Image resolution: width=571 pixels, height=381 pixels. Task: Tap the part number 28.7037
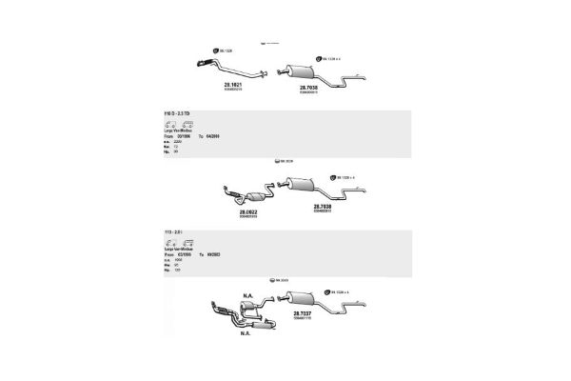pyautogui.click(x=303, y=313)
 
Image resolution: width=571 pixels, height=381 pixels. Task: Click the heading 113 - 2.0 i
pyautogui.click(x=175, y=233)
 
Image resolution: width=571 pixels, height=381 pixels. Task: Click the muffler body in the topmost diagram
pyautogui.click(x=296, y=70)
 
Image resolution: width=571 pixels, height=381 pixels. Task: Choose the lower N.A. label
pyautogui.click(x=245, y=333)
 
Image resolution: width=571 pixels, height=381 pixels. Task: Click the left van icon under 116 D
pyautogui.click(x=171, y=125)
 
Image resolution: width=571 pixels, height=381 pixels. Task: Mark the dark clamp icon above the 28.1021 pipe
pyautogui.click(x=215, y=50)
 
